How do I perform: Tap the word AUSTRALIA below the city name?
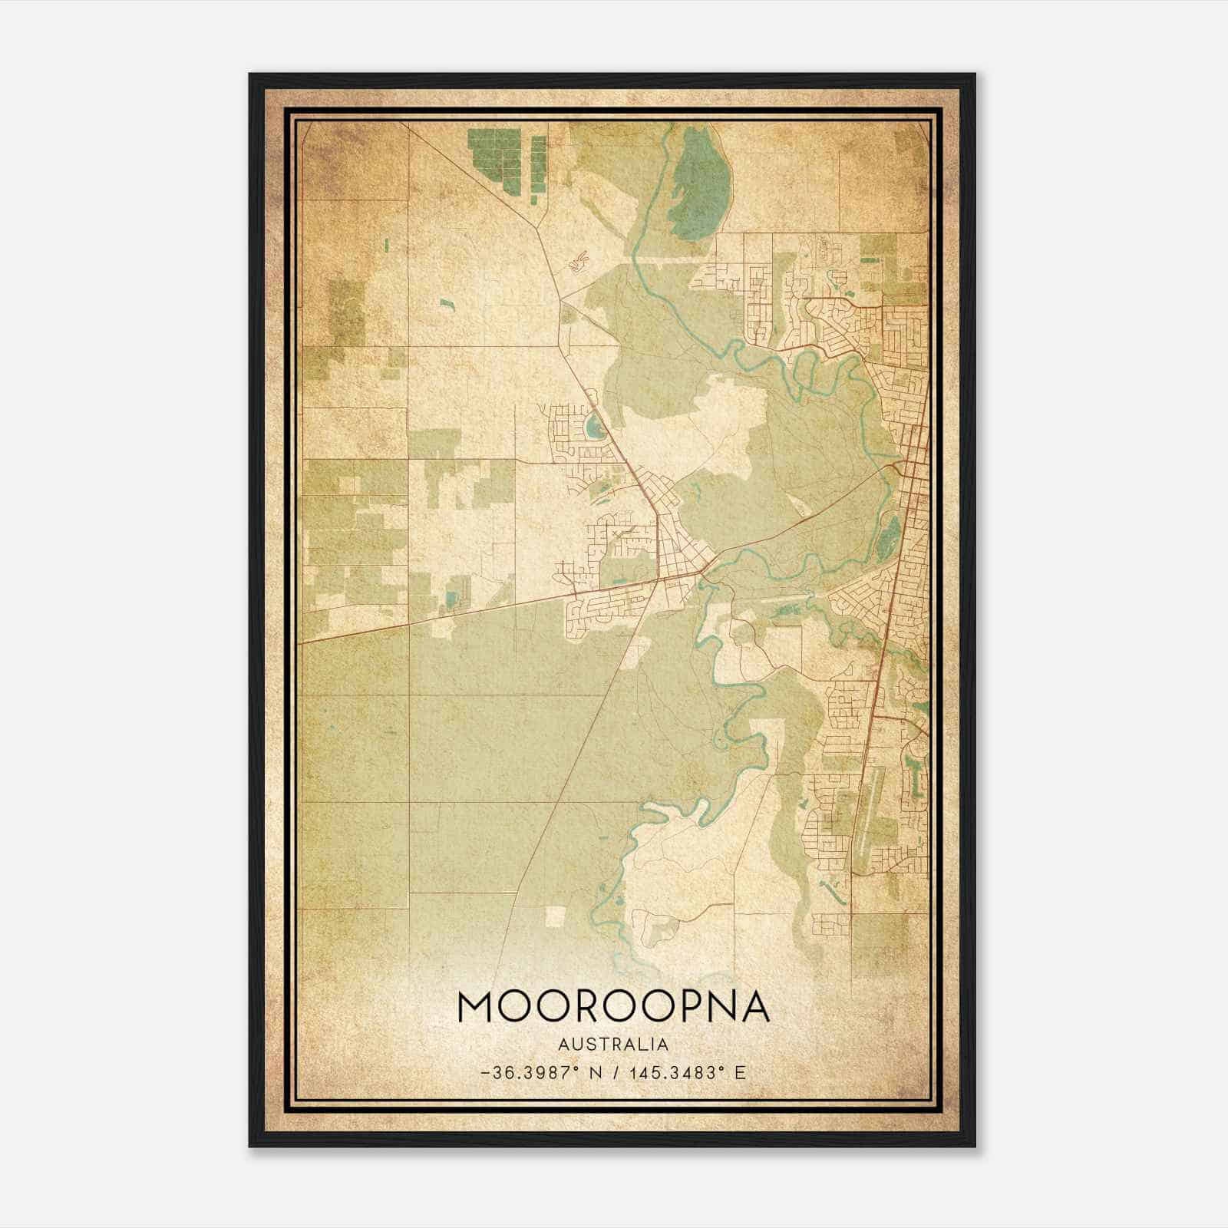click(613, 1045)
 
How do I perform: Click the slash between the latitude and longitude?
click(615, 1073)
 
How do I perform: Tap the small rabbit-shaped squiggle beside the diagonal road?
click(578, 262)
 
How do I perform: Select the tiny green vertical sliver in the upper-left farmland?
click(386, 245)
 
